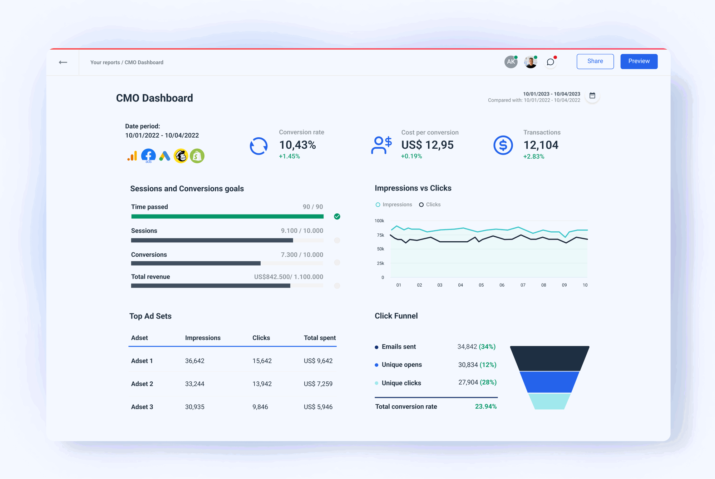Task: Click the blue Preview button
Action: (638, 61)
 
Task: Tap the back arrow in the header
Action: (63, 62)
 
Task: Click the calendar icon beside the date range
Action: (592, 95)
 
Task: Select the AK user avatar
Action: (511, 62)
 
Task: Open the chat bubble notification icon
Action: (550, 62)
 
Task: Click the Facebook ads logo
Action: (148, 155)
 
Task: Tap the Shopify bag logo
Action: (197, 156)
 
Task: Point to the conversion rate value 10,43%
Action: (297, 145)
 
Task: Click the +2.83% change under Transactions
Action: (533, 157)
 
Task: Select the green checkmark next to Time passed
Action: (337, 216)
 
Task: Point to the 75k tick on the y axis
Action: (380, 235)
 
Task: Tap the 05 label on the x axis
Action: (481, 285)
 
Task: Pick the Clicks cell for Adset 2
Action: (262, 384)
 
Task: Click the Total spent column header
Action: (320, 338)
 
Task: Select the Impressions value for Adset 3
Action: (194, 407)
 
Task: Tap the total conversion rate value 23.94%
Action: (485, 406)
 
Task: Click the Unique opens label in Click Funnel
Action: (401, 365)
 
